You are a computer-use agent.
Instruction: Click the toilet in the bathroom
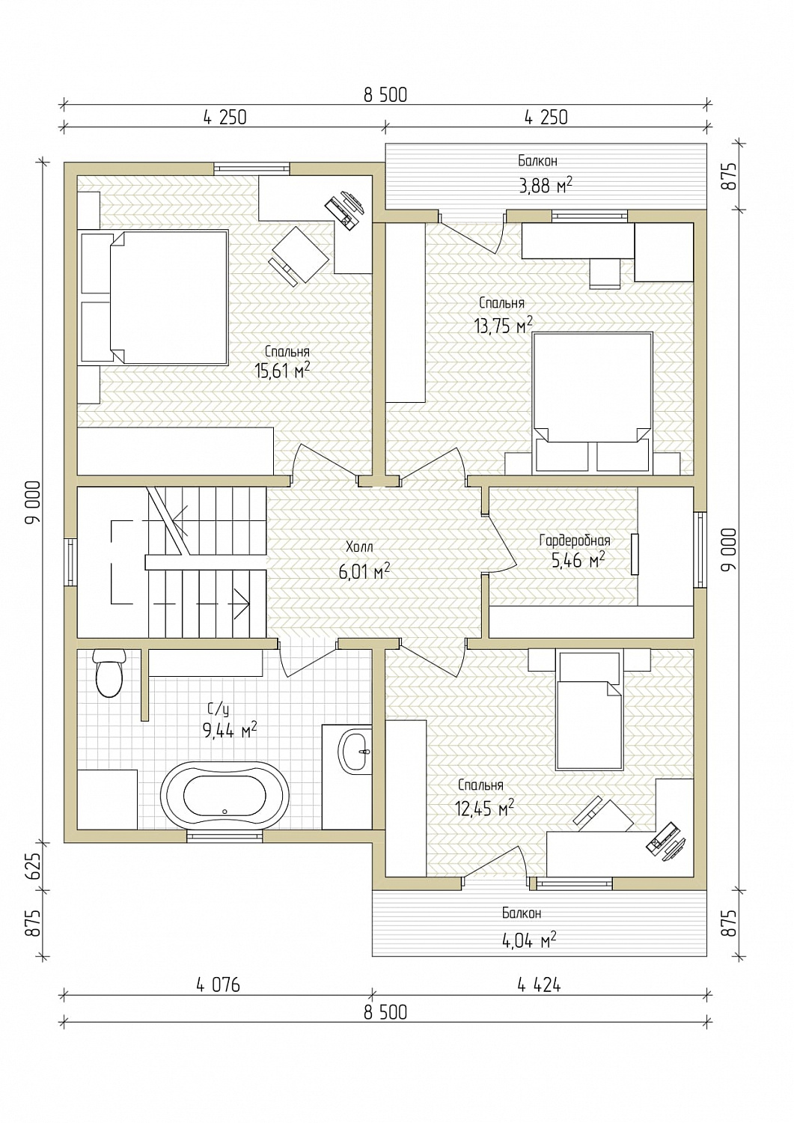(x=109, y=673)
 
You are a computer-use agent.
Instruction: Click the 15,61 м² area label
(x=282, y=371)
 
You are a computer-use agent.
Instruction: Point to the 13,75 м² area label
(x=504, y=325)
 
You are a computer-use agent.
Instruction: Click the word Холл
(x=359, y=547)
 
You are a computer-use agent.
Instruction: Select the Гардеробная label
(x=575, y=541)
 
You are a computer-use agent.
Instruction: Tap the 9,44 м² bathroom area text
(x=230, y=730)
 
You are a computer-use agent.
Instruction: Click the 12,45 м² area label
(x=484, y=807)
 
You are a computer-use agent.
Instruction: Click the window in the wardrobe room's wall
(x=700, y=550)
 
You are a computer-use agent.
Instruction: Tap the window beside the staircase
(x=70, y=562)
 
